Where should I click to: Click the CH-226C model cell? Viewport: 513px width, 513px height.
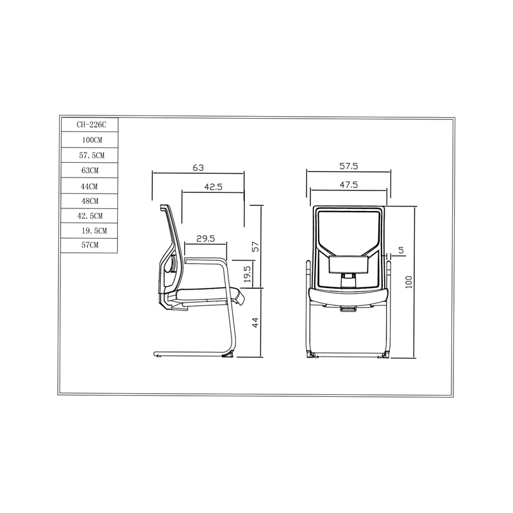tap(90, 124)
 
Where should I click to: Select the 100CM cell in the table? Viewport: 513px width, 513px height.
tap(90, 140)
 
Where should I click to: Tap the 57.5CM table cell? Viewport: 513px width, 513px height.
tap(90, 155)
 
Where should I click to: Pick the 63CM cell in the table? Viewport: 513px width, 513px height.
tap(90, 170)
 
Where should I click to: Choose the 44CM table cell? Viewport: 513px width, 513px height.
tap(90, 186)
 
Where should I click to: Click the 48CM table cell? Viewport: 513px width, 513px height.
tap(90, 201)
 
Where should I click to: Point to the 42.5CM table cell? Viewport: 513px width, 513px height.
tap(90, 216)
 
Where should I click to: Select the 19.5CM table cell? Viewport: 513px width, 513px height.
tap(90, 231)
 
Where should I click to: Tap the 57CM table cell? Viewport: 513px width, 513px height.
tap(90, 246)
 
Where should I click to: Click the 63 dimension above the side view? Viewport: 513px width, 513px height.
tap(198, 168)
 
